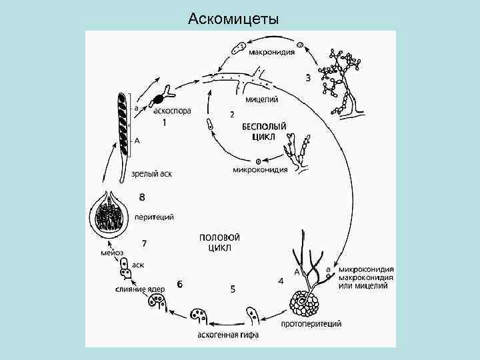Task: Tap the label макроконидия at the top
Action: (272, 53)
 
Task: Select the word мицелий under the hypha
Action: (261, 100)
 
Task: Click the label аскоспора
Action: (172, 111)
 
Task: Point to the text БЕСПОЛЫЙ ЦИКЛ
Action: (264, 131)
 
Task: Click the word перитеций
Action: (155, 217)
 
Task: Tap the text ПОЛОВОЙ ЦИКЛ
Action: (219, 242)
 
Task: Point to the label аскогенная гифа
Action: (228, 334)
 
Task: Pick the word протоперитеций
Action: (311, 324)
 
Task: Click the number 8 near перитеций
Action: (141, 197)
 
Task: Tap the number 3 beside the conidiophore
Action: (307, 78)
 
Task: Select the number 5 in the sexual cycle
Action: (233, 289)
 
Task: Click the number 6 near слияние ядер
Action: (180, 285)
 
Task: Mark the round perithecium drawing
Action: (107, 213)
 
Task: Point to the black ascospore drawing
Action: (159, 100)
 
